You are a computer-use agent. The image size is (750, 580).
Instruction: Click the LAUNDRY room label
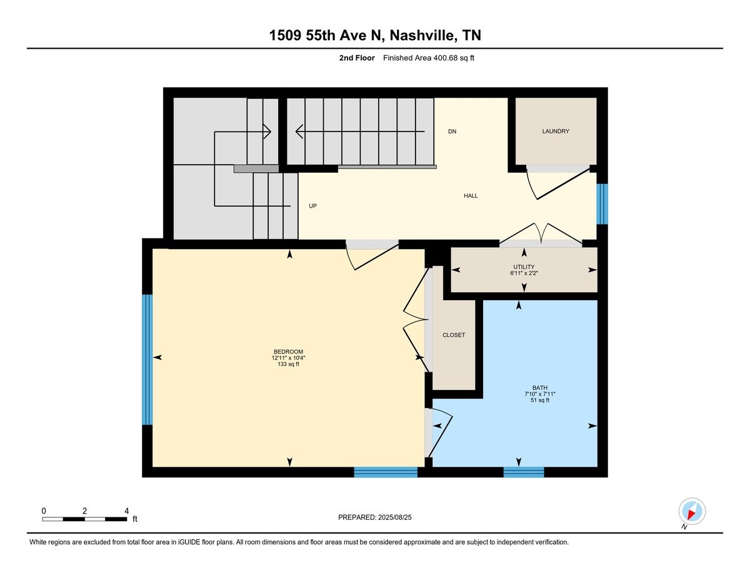(556, 131)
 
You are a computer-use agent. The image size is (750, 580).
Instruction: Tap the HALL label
(471, 196)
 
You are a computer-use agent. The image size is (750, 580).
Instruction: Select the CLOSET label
(454, 335)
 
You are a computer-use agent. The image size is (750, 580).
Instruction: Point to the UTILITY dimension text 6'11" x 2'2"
(524, 273)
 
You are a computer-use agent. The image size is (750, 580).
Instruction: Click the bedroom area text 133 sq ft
(288, 364)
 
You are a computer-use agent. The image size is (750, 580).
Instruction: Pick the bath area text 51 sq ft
(540, 400)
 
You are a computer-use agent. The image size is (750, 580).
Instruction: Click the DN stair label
(452, 131)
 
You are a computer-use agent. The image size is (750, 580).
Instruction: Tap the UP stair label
(312, 206)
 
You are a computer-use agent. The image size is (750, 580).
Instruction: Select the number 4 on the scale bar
(127, 511)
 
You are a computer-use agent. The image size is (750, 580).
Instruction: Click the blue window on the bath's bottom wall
(524, 472)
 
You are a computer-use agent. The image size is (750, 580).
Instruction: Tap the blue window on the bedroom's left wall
(147, 360)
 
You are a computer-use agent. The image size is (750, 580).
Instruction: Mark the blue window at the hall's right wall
(602, 204)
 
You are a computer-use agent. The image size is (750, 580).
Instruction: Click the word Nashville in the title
(421, 35)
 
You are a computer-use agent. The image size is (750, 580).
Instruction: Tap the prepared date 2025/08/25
(394, 517)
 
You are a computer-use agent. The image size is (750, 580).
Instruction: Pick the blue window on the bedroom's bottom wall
(386, 472)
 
